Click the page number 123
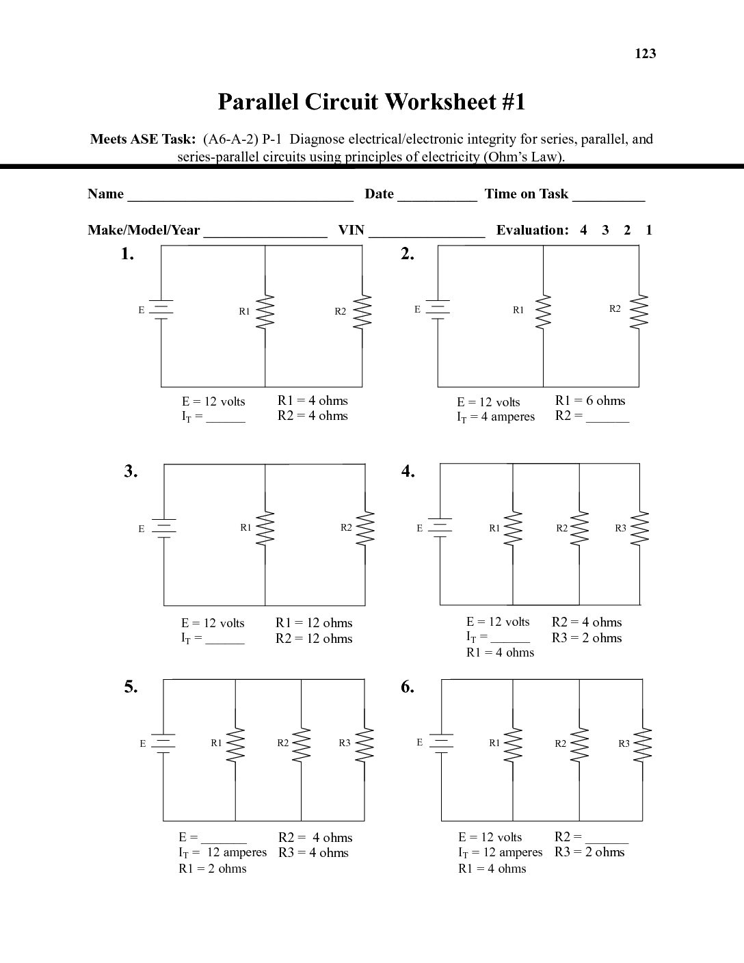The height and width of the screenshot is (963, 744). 646,54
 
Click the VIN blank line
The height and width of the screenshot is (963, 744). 427,233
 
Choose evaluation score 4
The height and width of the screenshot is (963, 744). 583,230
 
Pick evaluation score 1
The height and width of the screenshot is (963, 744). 648,230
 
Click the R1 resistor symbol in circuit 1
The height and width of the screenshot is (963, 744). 265,311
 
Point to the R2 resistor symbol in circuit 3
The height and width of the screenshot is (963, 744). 366,528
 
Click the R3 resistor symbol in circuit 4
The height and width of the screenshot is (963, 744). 641,529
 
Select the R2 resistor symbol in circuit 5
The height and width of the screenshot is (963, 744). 302,743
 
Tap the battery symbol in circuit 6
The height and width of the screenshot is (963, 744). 441,742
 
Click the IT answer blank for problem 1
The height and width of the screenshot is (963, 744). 226,419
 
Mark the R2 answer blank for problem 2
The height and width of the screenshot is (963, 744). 607,418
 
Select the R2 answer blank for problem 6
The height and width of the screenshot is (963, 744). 607,839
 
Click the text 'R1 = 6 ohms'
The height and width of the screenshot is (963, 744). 590,401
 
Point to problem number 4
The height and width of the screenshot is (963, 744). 408,471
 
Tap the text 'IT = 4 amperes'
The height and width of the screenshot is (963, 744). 496,417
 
